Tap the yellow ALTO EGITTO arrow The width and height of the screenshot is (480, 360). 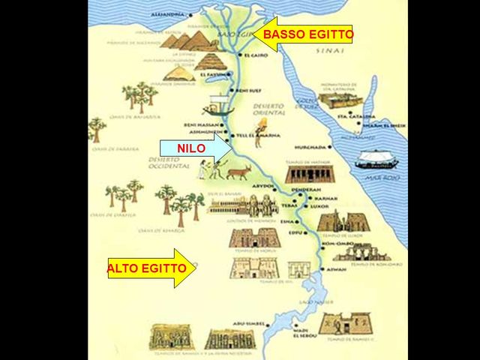(x=150, y=268)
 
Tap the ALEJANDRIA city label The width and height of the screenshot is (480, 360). (x=166, y=14)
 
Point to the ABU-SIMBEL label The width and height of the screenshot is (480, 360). (x=245, y=324)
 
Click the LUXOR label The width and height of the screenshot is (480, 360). (x=319, y=205)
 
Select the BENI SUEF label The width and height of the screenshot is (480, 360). (x=247, y=91)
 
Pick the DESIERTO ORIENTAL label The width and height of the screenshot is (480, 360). (x=269, y=111)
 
